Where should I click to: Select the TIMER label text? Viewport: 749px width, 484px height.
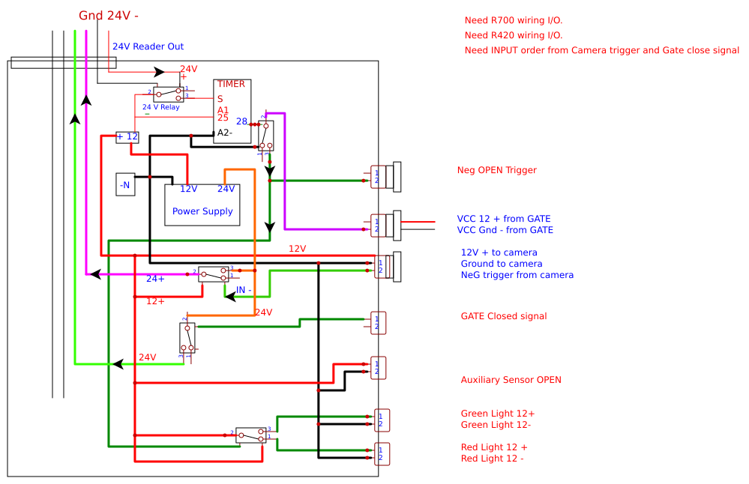[231, 84]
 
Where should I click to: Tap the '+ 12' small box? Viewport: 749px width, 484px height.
[127, 137]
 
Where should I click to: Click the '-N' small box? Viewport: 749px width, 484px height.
[125, 184]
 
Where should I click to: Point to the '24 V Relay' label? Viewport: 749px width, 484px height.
[161, 107]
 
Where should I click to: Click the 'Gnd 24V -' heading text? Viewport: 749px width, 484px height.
[109, 16]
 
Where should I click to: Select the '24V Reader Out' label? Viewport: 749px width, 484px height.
[148, 46]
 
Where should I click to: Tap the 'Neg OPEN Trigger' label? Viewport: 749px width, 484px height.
[497, 170]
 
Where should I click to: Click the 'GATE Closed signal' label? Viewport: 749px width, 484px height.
[504, 316]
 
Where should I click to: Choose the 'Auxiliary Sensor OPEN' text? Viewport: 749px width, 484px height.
[511, 380]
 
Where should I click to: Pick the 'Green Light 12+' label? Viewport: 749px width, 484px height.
[498, 414]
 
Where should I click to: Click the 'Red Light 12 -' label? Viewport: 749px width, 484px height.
[492, 459]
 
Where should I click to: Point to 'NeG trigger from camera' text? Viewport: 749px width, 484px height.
[517, 275]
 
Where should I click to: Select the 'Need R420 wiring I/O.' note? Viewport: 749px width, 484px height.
[514, 35]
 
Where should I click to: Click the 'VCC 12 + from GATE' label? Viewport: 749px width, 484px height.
[504, 219]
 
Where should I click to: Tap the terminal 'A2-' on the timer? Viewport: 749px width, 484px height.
[224, 133]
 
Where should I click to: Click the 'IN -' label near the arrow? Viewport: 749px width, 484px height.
[244, 290]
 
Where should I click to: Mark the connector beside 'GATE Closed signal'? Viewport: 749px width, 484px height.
[379, 323]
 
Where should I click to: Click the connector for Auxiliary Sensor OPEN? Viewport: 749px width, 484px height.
[379, 368]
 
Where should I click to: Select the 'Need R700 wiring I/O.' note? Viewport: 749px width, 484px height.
[514, 20]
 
